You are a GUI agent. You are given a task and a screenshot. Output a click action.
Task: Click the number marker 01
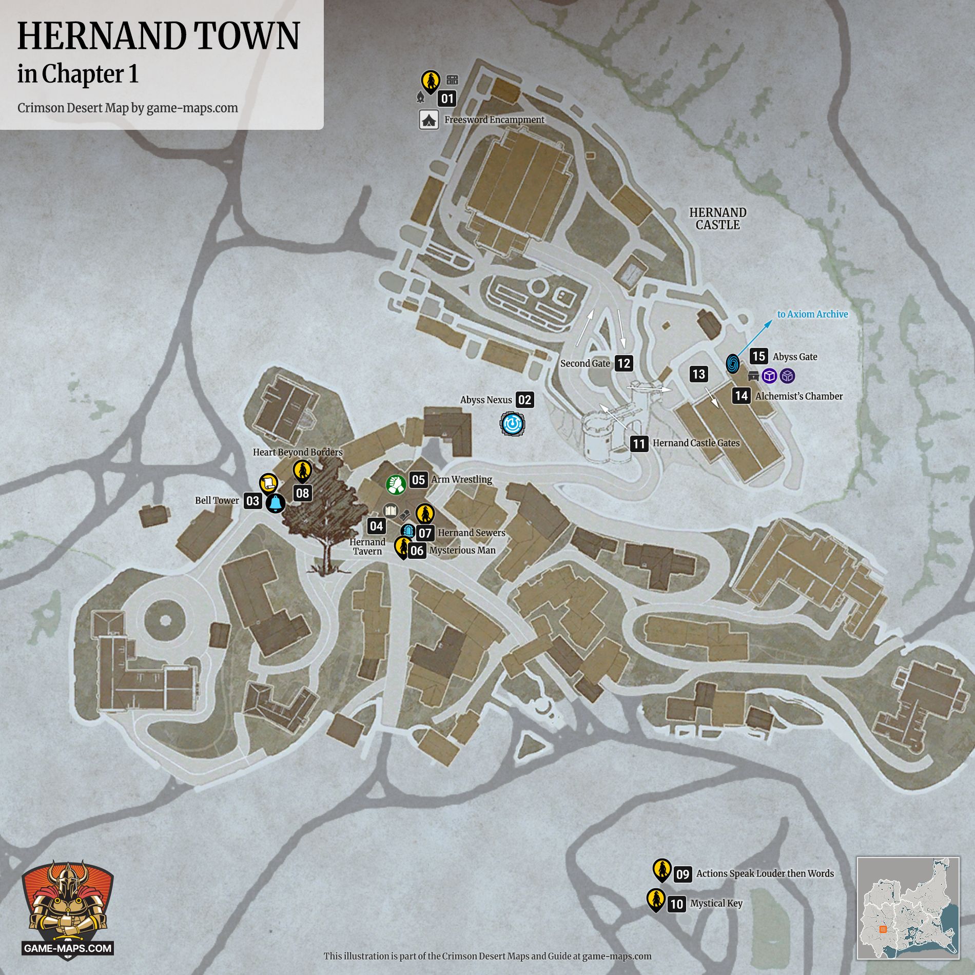(447, 99)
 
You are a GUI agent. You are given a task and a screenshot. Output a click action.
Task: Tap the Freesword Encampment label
(494, 120)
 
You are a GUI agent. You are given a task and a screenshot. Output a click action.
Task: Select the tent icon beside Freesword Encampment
(429, 120)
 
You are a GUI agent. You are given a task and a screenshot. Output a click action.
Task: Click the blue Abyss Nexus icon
(512, 424)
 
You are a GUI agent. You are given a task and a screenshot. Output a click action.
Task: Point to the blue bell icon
(275, 503)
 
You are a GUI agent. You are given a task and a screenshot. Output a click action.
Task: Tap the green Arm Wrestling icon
(396, 484)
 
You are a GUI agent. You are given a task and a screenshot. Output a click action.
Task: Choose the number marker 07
(425, 533)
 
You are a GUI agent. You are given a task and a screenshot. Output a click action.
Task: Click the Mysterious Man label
(462, 550)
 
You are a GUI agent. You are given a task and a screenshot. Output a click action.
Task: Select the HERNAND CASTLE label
(717, 219)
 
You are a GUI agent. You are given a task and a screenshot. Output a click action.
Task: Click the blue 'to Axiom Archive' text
(812, 314)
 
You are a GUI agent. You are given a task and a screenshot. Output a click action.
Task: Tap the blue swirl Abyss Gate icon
(733, 364)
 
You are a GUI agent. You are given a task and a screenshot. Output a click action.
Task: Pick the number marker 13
(699, 374)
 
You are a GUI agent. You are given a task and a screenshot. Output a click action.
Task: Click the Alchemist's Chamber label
(798, 396)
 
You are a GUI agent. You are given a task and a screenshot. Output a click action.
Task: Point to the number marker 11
(639, 443)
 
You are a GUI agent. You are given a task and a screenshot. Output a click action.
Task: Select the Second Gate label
(585, 363)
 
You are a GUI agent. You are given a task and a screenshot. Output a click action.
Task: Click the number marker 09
(682, 874)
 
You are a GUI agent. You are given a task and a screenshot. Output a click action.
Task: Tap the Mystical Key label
(716, 903)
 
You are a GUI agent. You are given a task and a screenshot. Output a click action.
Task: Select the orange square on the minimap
(883, 929)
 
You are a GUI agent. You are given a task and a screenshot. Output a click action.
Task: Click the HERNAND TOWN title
(159, 36)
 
